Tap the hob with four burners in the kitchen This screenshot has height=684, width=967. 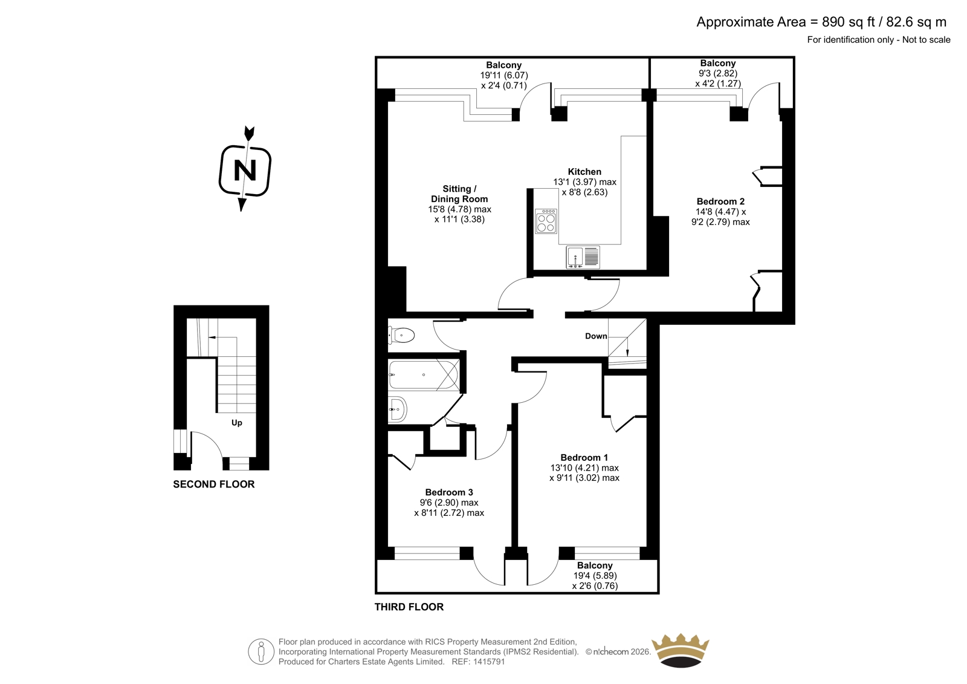[546, 222]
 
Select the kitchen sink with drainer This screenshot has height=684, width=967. [583, 257]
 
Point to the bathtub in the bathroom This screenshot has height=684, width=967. [424, 374]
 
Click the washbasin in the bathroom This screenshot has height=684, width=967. [398, 409]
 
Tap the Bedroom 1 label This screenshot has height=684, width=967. [584, 458]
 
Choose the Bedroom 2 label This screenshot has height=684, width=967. [720, 201]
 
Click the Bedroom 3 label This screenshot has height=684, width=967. [449, 492]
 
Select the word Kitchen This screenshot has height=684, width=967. [584, 172]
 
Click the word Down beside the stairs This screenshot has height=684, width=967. [596, 336]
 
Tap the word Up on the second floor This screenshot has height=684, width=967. [236, 423]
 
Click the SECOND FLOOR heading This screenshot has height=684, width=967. [214, 484]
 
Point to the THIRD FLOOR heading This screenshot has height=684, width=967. [409, 607]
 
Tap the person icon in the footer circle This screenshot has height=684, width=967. [260, 652]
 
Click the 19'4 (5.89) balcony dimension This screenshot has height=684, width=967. [595, 576]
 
